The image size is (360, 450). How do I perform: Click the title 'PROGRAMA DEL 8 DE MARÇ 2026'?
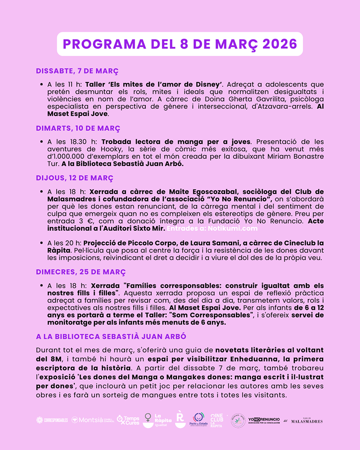coord(180,44)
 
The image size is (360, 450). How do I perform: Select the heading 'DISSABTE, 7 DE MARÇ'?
coord(77,71)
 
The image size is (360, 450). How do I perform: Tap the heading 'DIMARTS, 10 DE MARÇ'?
coord(78,128)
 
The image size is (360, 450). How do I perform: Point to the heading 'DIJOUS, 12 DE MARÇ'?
coord(75,178)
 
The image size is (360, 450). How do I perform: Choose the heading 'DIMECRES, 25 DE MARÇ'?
coord(81,272)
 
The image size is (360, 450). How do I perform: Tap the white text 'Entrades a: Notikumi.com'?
coord(214,229)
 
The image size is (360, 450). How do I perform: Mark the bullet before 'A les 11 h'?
coord(41,85)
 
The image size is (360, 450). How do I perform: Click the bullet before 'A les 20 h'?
coord(41,243)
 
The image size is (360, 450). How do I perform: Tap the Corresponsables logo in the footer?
coord(52,420)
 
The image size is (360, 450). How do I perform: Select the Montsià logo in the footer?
coord(92,420)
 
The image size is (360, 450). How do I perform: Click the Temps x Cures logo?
coord(128,420)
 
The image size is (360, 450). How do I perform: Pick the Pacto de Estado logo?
coord(198,420)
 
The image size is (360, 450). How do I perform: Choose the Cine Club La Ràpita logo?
coord(216,420)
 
